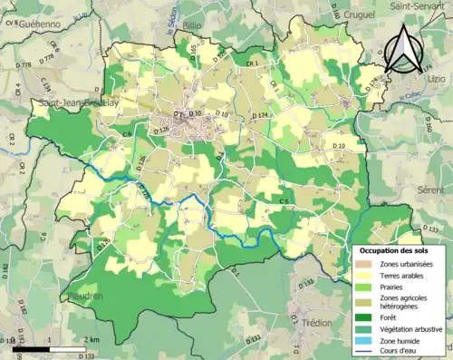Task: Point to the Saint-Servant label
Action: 416,6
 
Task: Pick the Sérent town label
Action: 431,192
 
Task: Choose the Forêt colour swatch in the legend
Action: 364,317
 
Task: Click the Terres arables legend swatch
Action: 364,276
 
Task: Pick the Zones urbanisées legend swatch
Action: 364,263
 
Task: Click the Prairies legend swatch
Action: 364,288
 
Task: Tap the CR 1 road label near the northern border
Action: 251,62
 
